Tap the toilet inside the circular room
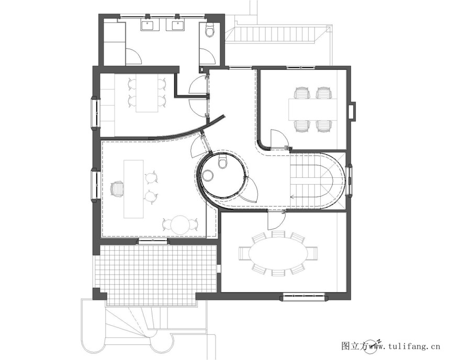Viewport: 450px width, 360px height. tap(223, 162)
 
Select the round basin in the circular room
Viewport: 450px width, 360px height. tap(207, 175)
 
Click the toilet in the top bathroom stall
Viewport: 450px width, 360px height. tap(210, 30)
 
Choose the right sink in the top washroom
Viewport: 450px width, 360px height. tap(176, 25)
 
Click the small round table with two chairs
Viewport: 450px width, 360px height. tap(180, 224)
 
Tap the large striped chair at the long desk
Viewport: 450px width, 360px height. tap(117, 189)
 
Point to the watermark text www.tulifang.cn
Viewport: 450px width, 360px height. tap(404, 346)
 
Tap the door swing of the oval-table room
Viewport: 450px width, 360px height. tap(276, 220)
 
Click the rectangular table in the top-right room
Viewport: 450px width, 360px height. tap(312, 109)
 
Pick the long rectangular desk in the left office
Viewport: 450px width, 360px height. tap(133, 189)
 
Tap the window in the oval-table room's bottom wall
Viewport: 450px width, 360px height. tap(304, 297)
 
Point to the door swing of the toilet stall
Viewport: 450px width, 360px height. tap(207, 56)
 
